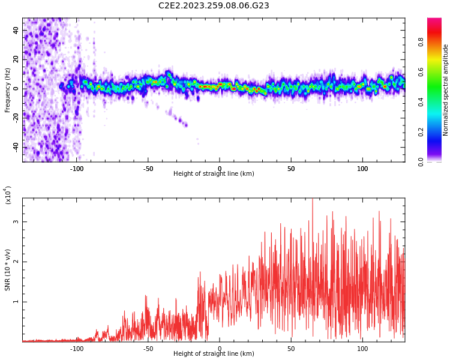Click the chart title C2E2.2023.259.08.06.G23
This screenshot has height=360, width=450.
tap(214, 6)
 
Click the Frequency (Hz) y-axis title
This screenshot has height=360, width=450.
tap(8, 89)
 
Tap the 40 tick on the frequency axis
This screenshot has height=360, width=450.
tap(16, 30)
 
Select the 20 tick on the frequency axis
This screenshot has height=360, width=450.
tap(16, 59)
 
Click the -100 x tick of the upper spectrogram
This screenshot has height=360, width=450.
tap(77, 169)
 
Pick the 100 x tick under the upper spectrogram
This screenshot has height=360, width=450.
tap(362, 169)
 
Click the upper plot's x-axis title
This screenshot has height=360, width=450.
tap(214, 174)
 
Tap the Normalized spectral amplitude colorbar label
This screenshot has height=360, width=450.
tap(446, 89)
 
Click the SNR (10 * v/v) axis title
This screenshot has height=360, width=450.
tap(8, 270)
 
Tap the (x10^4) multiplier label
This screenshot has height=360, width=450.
tap(8, 195)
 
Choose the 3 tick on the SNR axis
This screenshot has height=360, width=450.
tap(16, 222)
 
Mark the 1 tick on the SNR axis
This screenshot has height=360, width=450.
tap(16, 302)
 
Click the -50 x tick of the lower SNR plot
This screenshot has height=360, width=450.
tap(148, 349)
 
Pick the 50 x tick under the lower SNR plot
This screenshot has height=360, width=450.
tap(291, 349)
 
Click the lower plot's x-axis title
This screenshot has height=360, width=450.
tap(214, 354)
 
